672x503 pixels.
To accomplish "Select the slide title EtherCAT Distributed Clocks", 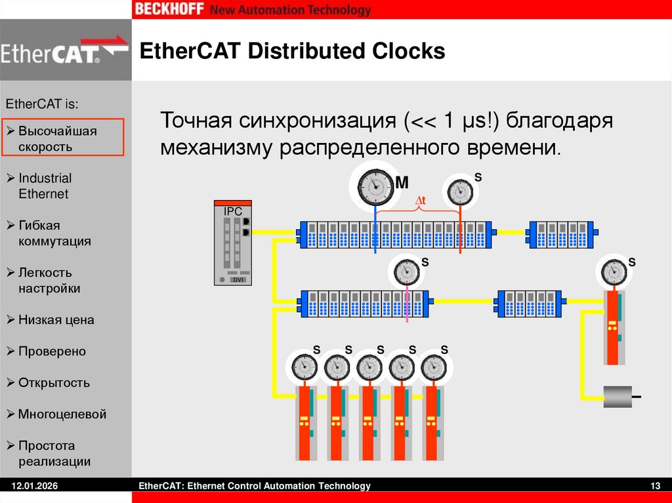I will pos(293,51).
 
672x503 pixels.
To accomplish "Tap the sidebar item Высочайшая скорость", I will pos(58,138).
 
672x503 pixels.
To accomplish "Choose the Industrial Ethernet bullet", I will pos(45,186).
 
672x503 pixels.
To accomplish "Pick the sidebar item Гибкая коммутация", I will pos(54,233).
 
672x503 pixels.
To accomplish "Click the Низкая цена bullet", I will pos(56,320).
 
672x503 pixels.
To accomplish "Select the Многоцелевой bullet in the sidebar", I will pos(62,414).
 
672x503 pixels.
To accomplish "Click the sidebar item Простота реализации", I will pos(54,453).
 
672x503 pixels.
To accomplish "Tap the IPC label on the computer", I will pos(233,212).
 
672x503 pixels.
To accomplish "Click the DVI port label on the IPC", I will pos(239,280).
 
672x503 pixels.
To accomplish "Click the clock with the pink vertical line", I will pos(407,271).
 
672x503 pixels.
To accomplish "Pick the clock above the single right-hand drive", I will pos(613,271).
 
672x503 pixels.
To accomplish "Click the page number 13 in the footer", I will pos(654,486).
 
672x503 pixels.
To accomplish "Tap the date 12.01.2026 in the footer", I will pos(34,486).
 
